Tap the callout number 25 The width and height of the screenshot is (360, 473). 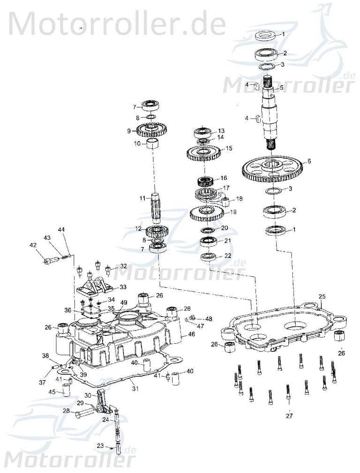tap(322, 296)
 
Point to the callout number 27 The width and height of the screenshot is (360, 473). tap(289, 415)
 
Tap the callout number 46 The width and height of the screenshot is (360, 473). tap(191, 334)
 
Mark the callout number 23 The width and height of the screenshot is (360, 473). tap(100, 446)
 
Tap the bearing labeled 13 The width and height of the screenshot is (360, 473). tap(204, 133)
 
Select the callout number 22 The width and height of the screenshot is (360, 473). tap(227, 256)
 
